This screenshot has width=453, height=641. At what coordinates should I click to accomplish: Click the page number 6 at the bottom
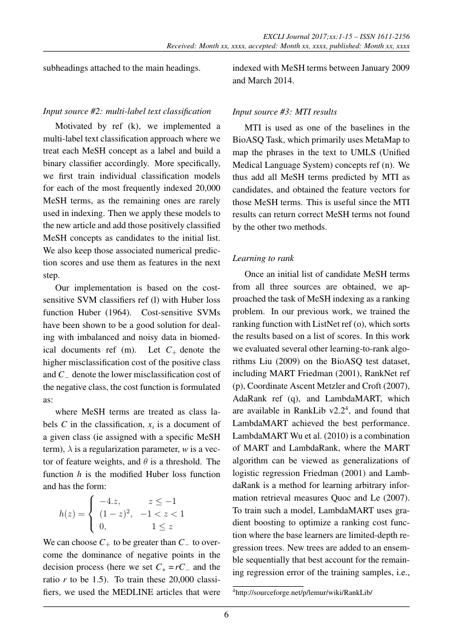coord(226,615)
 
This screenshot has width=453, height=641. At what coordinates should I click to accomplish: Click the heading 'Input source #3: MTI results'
coord(284,112)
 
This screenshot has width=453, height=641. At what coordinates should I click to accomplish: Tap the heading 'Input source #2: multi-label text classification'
coord(127,111)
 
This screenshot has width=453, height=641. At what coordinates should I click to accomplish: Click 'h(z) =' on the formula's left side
coord(72,513)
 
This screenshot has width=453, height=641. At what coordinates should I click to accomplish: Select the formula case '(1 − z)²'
coord(114,513)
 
